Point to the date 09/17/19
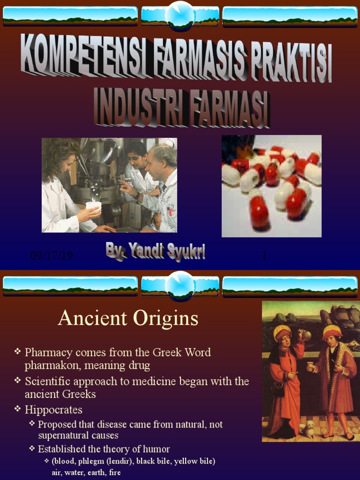coord(51,256)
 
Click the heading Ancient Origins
coord(128,319)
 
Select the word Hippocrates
coord(53,410)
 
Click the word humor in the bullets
coord(154,449)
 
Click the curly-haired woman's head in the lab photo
coord(61,157)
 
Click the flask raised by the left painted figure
coord(305,335)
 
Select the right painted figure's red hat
coord(332,331)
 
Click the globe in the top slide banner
coord(180,14)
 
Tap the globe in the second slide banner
coord(180,285)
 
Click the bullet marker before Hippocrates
coord(18,409)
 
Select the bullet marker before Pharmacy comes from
coord(18,352)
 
